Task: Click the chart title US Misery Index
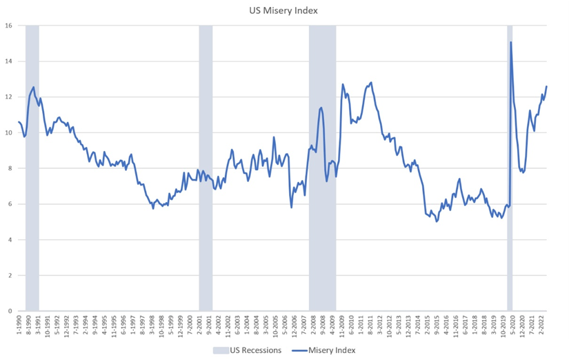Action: point(284,10)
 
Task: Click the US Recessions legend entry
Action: point(249,350)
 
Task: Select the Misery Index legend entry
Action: point(327,350)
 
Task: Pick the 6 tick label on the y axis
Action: point(10,204)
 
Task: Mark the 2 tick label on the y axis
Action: point(10,275)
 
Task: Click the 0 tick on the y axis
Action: point(10,311)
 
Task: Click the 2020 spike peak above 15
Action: point(510,42)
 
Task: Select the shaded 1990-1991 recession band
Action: point(32,207)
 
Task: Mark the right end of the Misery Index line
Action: point(546,86)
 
